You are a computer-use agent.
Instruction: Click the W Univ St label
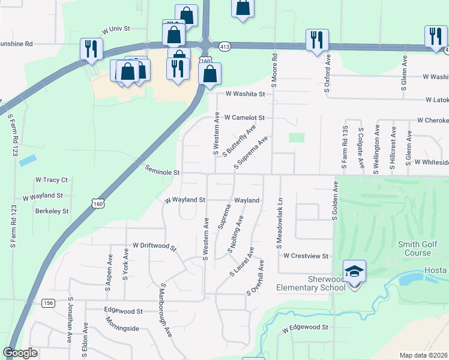coord(116,29)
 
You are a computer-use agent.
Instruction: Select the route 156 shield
coord(48,303)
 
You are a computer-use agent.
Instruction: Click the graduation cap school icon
coord(354,273)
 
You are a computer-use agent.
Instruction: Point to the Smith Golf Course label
coord(423,248)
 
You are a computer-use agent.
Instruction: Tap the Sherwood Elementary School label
coord(310,283)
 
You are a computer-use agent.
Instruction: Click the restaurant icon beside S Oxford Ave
coord(315,40)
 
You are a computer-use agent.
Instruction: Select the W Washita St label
coord(245,94)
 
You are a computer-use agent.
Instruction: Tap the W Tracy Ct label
coord(52,179)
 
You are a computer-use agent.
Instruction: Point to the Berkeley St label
coord(52,211)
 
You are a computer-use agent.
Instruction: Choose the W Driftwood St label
coord(155,246)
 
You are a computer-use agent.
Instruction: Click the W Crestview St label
coord(306,256)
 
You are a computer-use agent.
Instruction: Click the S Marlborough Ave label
coord(167,310)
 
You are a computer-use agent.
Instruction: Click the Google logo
coord(20,353)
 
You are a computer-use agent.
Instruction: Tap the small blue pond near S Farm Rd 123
coord(27,161)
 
